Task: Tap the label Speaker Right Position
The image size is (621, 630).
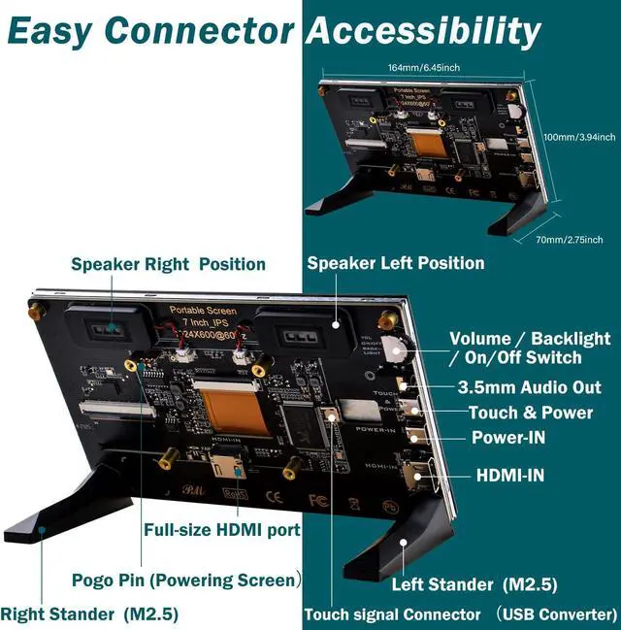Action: click(168, 264)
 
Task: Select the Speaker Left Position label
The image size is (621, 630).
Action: click(396, 263)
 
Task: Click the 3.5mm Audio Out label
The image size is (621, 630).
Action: click(529, 387)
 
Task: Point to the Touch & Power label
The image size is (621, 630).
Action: click(531, 413)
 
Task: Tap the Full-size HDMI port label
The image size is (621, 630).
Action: click(222, 530)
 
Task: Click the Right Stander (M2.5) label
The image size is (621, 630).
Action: click(89, 613)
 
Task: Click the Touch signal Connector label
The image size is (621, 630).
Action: click(392, 614)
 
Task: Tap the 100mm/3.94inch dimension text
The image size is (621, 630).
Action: click(578, 137)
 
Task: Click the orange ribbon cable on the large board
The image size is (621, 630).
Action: click(231, 409)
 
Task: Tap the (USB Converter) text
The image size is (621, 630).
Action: click(556, 614)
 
